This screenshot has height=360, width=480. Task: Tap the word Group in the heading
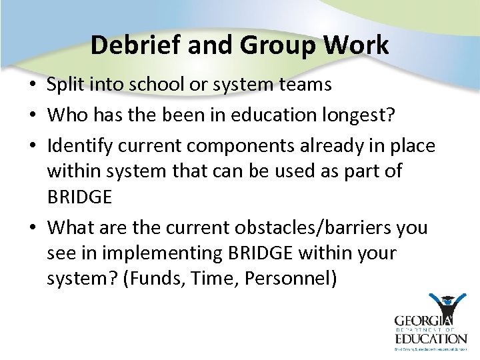coord(277,45)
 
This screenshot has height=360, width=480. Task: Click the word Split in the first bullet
coord(65,85)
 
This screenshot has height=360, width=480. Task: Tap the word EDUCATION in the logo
coord(430,339)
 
